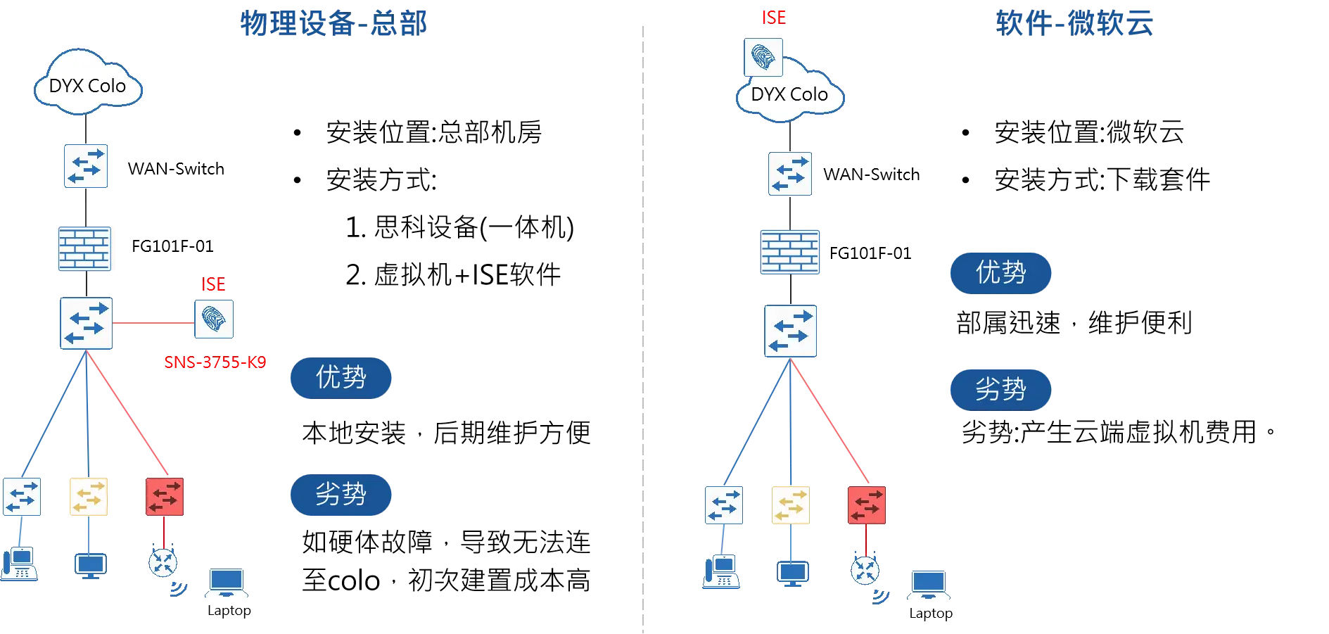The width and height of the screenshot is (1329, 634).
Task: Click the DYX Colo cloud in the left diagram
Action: (x=88, y=84)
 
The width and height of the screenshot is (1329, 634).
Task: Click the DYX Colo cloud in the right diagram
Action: (x=789, y=94)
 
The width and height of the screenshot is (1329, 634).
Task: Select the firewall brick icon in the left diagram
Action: (x=85, y=249)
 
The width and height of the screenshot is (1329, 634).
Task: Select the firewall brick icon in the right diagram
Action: (x=790, y=251)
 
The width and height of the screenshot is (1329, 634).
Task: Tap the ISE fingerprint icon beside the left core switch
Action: (x=214, y=320)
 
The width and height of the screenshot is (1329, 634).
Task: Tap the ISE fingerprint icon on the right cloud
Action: (x=763, y=57)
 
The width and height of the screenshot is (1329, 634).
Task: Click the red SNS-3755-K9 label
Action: (x=215, y=362)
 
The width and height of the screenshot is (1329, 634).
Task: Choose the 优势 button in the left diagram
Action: (x=341, y=377)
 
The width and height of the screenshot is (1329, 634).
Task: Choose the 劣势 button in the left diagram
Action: (x=341, y=494)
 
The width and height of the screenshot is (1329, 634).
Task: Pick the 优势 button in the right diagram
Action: (x=1000, y=272)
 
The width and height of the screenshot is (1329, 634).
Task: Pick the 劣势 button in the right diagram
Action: (x=1000, y=388)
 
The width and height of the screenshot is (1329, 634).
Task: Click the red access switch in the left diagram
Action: (x=165, y=497)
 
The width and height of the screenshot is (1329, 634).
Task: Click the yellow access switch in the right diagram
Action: (x=790, y=505)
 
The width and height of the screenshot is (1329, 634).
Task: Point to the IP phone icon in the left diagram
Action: (x=19, y=564)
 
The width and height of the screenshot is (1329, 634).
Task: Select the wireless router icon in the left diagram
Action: (x=163, y=563)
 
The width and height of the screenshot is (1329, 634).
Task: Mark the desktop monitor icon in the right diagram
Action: (x=793, y=572)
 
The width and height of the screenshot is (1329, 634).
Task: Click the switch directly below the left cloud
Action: (x=86, y=166)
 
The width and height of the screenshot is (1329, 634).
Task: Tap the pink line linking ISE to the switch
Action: (x=152, y=324)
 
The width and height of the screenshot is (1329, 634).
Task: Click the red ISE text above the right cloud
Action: (x=773, y=18)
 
